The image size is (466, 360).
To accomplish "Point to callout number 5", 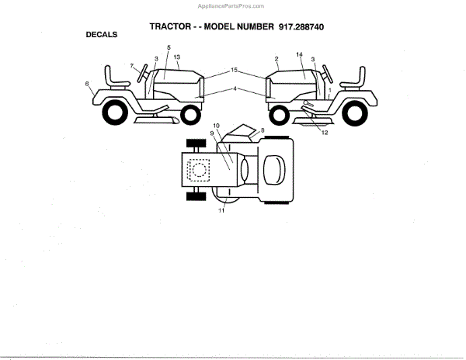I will click(x=169, y=49).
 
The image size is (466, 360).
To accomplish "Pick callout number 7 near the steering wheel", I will click(x=132, y=65).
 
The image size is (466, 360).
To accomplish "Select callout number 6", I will click(x=87, y=83).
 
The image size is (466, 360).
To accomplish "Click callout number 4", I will click(x=233, y=88).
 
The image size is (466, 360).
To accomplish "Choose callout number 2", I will click(x=276, y=59).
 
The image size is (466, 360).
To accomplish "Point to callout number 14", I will click(x=299, y=54).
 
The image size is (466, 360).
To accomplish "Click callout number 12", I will click(x=325, y=133).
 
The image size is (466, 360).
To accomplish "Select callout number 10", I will click(x=217, y=126).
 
